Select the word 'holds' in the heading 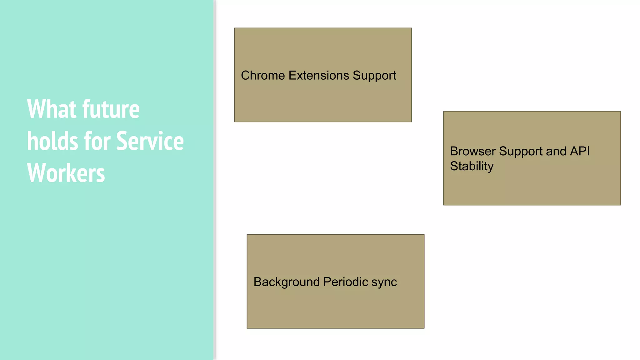click(x=52, y=141)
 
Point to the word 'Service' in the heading click(x=150, y=141)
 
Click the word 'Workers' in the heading click(x=66, y=173)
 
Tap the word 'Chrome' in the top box click(x=263, y=76)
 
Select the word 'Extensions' click(x=319, y=76)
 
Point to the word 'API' click(x=580, y=151)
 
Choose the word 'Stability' click(x=472, y=167)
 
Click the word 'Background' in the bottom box click(x=287, y=282)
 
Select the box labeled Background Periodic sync click(x=335, y=309)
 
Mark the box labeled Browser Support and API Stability click(x=532, y=187)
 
